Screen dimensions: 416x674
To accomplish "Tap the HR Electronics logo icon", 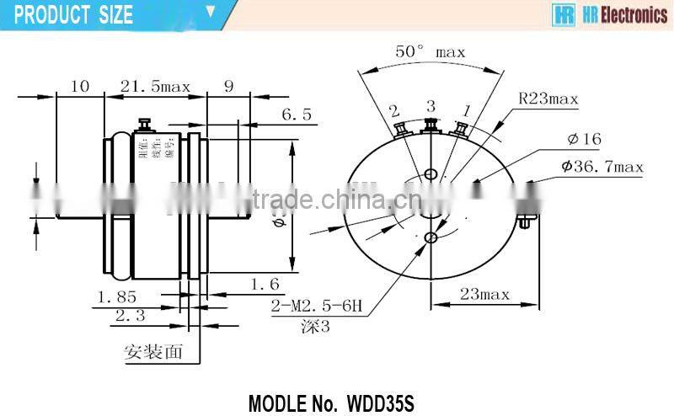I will (563, 15).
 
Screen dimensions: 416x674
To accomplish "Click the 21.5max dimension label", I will (156, 86).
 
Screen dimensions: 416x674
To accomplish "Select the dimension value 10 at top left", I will (80, 86).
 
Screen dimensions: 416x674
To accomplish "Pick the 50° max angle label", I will (431, 52).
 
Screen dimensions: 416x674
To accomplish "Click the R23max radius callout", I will (548, 99).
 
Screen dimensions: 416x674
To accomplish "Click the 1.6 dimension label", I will (263, 285).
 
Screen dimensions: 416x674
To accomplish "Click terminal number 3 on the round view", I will (431, 106).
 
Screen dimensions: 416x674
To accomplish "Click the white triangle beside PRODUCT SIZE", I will (211, 13).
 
